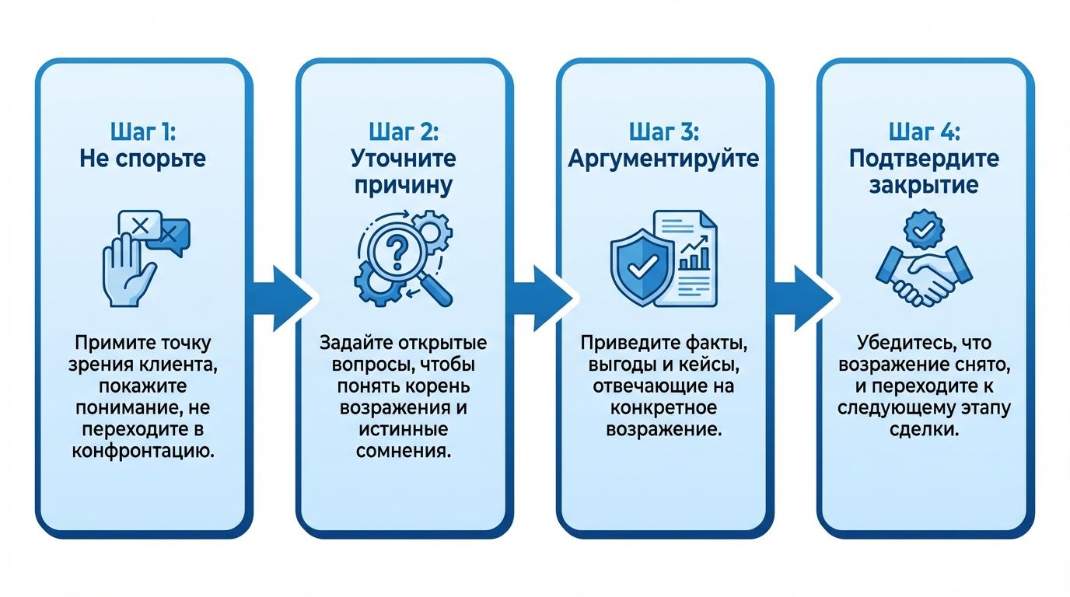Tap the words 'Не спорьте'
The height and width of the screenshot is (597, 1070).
pyautogui.click(x=143, y=159)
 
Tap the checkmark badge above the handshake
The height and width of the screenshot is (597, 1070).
pyautogui.click(x=923, y=229)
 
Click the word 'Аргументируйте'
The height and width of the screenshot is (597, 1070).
pyautogui.click(x=663, y=159)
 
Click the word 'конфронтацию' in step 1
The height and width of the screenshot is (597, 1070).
pyautogui.click(x=143, y=452)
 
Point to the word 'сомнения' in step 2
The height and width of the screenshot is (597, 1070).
pyautogui.click(x=403, y=452)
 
